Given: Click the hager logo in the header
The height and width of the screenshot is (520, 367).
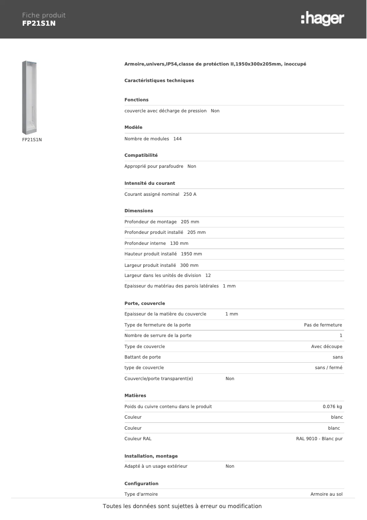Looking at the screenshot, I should point(322,19).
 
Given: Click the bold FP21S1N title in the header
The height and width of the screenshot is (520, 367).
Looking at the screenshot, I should point(39,23).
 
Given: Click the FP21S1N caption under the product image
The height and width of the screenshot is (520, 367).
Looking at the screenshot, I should point(32,140).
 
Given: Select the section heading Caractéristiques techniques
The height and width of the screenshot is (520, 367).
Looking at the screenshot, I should point(159,81).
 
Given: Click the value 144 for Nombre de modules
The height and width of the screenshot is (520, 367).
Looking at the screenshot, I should point(178,139).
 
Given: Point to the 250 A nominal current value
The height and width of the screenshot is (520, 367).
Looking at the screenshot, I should point(190,194).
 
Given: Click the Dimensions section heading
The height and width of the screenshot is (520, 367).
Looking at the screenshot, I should point(139,211).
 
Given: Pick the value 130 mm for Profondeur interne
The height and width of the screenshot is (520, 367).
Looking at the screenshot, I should point(179,243).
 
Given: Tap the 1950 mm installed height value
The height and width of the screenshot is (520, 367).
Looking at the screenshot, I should point(191,254).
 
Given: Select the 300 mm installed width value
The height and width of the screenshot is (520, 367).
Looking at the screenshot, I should point(189,265).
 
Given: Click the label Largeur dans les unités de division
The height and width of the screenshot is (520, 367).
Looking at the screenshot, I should point(162,276).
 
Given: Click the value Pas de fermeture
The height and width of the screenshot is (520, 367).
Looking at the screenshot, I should point(323,325).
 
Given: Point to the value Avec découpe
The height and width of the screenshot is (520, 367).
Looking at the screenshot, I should point(327,347).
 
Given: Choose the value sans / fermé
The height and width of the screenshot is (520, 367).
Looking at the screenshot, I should point(329,368).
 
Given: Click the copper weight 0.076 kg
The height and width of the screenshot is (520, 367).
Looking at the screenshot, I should point(333,407).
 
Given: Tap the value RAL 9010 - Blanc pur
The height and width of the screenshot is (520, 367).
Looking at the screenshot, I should point(319,439).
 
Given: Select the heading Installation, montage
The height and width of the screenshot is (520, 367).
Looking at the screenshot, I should point(151,456).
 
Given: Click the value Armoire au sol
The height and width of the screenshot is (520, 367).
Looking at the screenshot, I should point(326,494).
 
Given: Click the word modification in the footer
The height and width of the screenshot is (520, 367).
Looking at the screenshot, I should point(243,506).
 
